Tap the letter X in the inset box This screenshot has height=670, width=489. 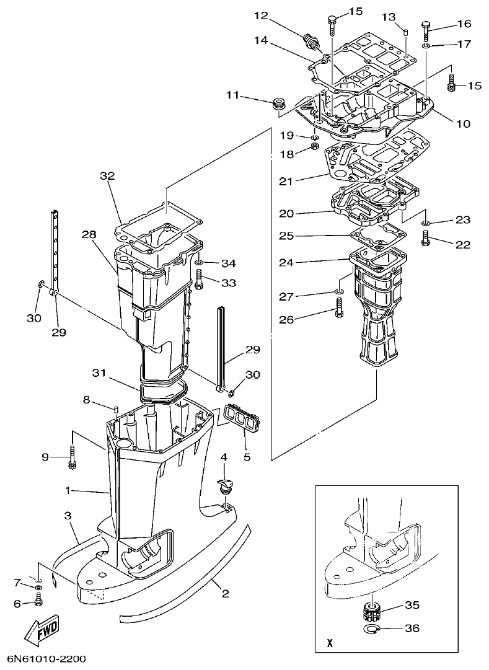[329, 643]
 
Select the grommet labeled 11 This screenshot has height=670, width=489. [277, 102]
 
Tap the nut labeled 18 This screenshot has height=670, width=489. [314, 148]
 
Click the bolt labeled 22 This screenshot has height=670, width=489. [426, 238]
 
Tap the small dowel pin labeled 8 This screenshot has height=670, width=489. [115, 410]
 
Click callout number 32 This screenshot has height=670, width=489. [107, 176]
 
